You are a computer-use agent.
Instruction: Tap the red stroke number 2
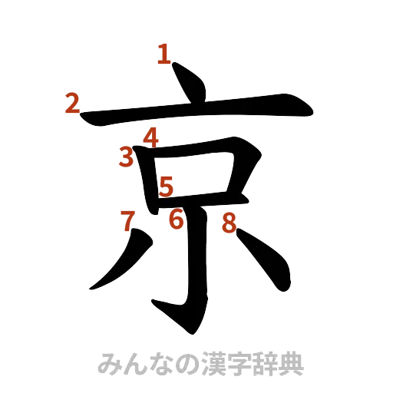point(71,103)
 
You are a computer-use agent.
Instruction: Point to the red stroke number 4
point(150,137)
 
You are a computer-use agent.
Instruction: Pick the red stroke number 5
point(167,184)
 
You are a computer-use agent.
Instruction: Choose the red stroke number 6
point(177,221)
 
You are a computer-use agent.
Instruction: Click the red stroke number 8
point(229,223)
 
